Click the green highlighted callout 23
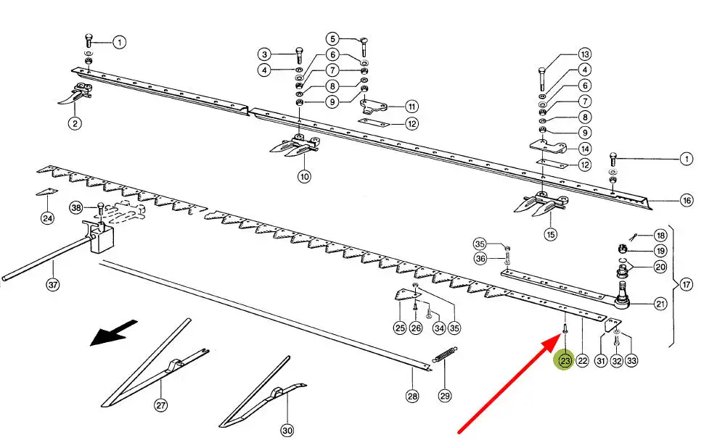[x=565, y=360]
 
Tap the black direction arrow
[x=113, y=333]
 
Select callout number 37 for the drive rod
[x=53, y=285]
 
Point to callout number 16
[x=687, y=200]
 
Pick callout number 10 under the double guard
[x=304, y=176]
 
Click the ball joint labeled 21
[x=623, y=295]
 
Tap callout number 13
[x=584, y=54]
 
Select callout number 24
[x=47, y=218]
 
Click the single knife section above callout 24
[x=46, y=192]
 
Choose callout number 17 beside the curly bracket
[x=687, y=285]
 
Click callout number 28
[x=412, y=396]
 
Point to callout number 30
[x=287, y=430]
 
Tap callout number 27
[x=160, y=404]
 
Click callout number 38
[x=76, y=208]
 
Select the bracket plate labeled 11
[x=374, y=107]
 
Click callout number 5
[x=332, y=39]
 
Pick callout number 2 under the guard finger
[x=75, y=123]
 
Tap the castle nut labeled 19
[x=622, y=249]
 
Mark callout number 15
[x=551, y=234]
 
